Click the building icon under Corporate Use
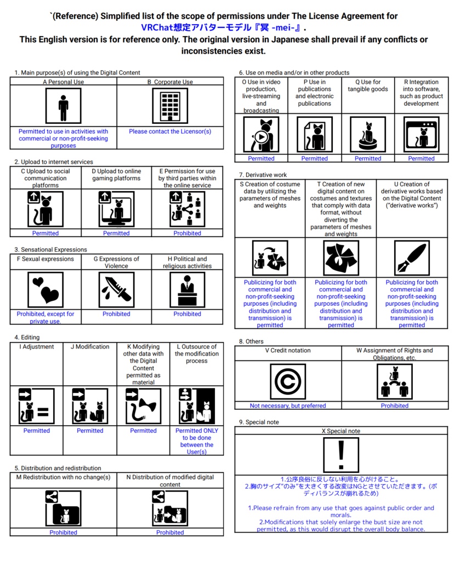click(x=170, y=106)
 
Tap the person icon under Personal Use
click(x=64, y=106)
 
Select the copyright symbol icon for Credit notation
click(x=288, y=381)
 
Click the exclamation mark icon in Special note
click(x=341, y=455)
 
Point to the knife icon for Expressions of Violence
click(x=116, y=289)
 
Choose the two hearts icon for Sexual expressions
click(x=46, y=289)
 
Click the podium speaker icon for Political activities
click(x=187, y=289)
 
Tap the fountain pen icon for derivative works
click(x=412, y=258)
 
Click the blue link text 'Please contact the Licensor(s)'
click(x=170, y=131)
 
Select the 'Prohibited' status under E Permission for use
click(x=187, y=233)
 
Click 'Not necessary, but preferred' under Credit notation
click(x=288, y=405)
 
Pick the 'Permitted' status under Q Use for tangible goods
click(x=368, y=158)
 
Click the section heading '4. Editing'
click(x=27, y=337)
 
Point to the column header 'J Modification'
click(x=90, y=346)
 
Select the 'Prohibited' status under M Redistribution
click(x=64, y=532)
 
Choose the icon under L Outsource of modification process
click(x=197, y=406)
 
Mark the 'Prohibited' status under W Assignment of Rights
click(x=395, y=405)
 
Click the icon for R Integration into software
click(x=421, y=135)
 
